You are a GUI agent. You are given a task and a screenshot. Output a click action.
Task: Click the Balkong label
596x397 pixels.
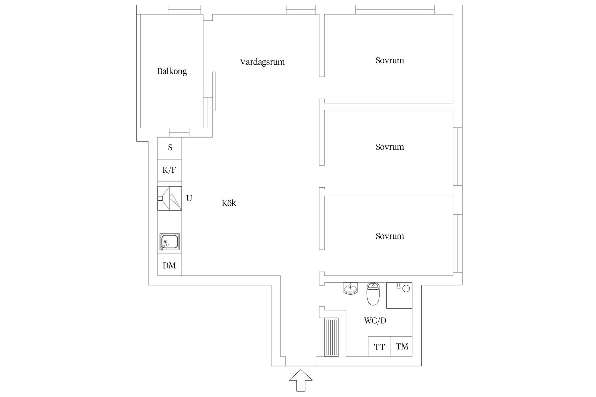[172, 72]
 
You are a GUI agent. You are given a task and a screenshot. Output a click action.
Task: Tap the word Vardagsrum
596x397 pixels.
[262, 62]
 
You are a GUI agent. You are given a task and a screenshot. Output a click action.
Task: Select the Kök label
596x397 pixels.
[229, 203]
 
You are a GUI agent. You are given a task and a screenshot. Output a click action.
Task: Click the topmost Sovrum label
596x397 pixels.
[390, 60]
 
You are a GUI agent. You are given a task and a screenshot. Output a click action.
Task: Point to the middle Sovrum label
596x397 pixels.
[390, 147]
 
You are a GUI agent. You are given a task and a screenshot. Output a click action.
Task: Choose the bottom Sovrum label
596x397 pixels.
[390, 236]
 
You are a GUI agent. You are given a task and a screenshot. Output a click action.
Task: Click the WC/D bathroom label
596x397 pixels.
[375, 321]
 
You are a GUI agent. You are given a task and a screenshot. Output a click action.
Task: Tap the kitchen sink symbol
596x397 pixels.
[169, 242]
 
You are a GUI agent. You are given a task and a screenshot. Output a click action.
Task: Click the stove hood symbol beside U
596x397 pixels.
[170, 198]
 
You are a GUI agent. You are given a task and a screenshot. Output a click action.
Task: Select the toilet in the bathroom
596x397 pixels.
[373, 293]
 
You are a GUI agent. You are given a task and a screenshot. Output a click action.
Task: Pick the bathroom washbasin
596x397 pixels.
[350, 288]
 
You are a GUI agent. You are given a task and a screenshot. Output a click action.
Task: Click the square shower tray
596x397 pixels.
[399, 295]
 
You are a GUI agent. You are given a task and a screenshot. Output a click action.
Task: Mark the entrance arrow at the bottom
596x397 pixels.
[301, 380]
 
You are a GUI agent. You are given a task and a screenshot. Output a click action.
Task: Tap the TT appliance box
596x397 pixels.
[379, 346]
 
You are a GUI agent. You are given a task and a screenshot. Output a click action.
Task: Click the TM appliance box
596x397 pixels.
[401, 346]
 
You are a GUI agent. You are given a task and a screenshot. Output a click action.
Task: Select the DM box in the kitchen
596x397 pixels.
[170, 265]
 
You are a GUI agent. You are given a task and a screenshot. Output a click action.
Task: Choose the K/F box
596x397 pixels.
[170, 170]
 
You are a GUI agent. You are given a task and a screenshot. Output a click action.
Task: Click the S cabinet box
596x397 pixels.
[170, 148]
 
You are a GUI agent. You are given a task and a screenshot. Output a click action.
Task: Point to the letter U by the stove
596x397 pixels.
[189, 198]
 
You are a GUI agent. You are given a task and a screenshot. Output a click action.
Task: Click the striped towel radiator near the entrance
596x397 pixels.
[331, 337]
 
